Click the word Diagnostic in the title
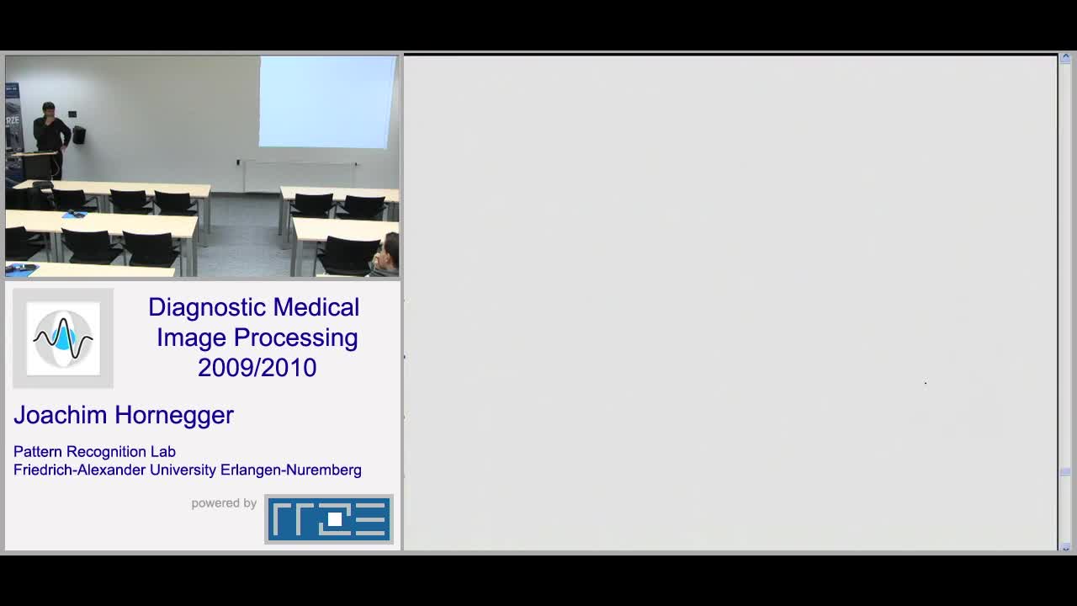click(206, 307)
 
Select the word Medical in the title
click(316, 307)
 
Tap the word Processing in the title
click(295, 338)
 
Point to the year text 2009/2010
click(257, 368)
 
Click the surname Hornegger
click(174, 416)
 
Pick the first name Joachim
click(60, 415)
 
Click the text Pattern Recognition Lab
click(94, 452)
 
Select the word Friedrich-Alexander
click(79, 470)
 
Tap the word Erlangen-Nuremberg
click(291, 470)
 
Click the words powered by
click(224, 503)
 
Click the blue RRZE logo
click(329, 519)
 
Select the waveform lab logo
click(63, 338)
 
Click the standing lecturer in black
click(50, 140)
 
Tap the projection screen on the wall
click(327, 102)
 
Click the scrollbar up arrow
click(1065, 59)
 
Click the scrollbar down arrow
click(1065, 547)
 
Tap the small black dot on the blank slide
click(926, 383)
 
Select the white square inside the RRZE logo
click(335, 519)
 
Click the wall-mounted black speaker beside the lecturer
click(79, 136)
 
